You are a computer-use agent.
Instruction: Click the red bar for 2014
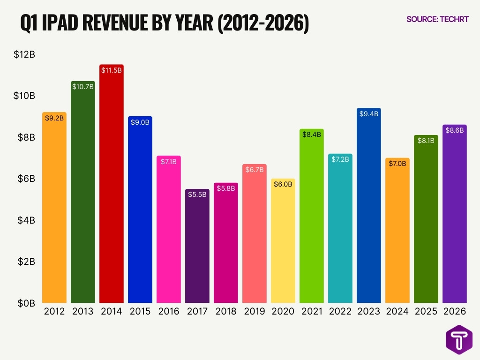pos(112,187)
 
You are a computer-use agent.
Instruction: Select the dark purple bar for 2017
pos(197,248)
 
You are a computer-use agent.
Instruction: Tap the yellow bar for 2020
pos(283,244)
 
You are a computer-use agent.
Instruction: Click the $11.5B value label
pos(112,70)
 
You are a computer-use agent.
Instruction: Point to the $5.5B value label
pos(197,195)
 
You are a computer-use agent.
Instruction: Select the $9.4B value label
pos(369,113)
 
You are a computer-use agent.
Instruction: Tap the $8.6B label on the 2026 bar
pos(455,130)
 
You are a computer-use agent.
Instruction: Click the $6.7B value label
pos(255,170)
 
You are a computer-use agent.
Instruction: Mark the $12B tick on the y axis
pos(24,54)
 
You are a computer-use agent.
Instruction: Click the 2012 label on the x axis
pos(54,311)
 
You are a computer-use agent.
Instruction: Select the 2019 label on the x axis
pos(255,311)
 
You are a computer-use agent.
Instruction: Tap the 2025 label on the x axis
pos(426,311)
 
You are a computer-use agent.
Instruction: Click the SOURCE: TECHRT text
pos(437,19)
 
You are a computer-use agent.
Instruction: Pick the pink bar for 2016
pos(169,230)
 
